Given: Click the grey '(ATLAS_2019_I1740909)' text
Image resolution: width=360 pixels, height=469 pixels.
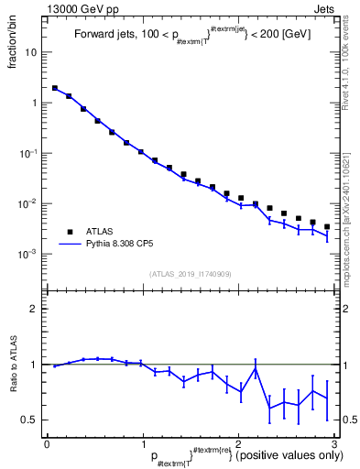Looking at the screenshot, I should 191,274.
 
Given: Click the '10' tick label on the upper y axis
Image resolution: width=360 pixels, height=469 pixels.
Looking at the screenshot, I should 30,52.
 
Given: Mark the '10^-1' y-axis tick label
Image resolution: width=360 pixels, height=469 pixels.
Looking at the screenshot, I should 28,153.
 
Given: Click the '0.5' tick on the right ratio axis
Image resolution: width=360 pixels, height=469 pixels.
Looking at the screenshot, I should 350,420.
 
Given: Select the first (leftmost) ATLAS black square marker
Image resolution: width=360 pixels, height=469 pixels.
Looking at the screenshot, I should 55,89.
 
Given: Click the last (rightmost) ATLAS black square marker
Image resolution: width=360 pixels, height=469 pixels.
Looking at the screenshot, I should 327,226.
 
